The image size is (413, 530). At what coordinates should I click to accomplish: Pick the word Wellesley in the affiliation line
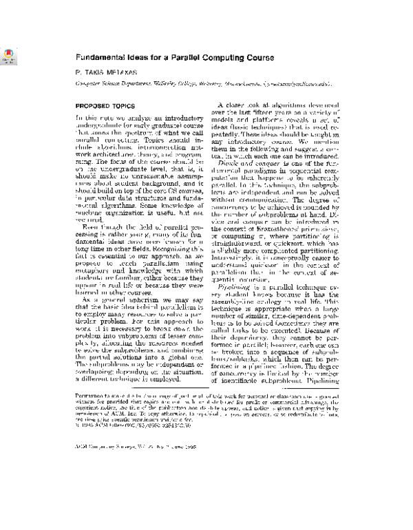(x=179, y=83)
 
